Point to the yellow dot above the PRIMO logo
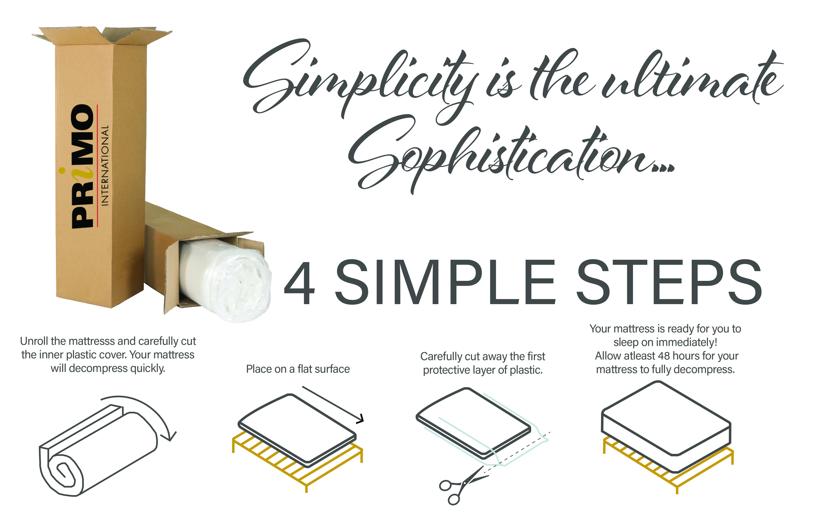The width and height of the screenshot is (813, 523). [x=62, y=170]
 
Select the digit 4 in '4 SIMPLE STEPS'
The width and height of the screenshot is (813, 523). [x=299, y=283]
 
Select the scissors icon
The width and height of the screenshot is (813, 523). [x=463, y=486]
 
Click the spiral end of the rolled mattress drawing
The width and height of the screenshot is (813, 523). [x=63, y=474]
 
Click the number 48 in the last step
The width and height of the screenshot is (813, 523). [x=664, y=356]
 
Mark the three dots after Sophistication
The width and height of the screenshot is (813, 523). [x=663, y=167]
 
